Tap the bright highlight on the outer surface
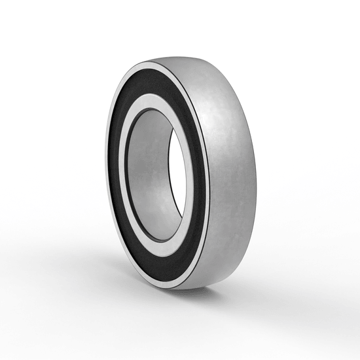[x=216, y=124]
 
